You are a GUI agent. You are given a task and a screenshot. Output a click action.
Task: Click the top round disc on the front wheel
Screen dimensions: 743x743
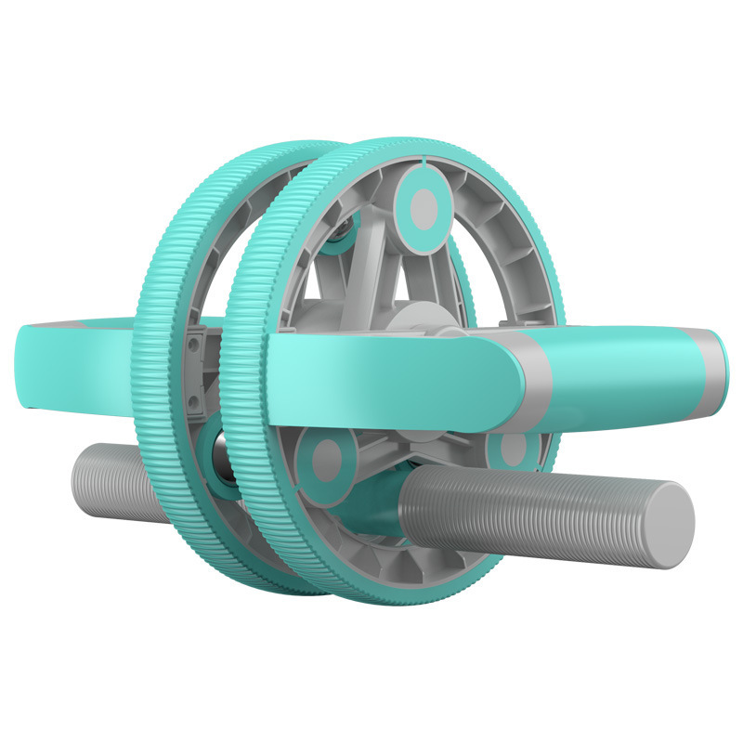pyautogui.click(x=424, y=202)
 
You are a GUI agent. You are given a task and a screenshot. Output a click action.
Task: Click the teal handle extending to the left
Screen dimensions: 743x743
pyautogui.click(x=74, y=367)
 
